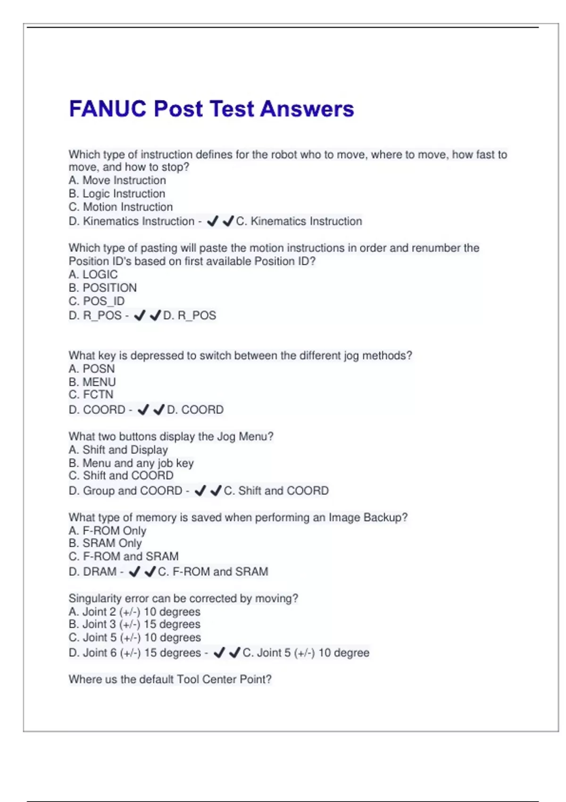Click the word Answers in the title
pyautogui.click(x=307, y=109)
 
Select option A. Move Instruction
pyautogui.click(x=117, y=180)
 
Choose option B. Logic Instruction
pyautogui.click(x=117, y=193)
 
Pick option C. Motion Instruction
pyautogui.click(x=121, y=207)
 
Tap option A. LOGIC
pyautogui.click(x=93, y=275)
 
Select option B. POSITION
pyautogui.click(x=102, y=288)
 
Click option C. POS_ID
pyautogui.click(x=97, y=301)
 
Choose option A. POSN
pyautogui.click(x=92, y=368)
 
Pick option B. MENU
pyautogui.click(x=92, y=382)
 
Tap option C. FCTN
pyautogui.click(x=91, y=394)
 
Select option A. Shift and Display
pyautogui.click(x=118, y=450)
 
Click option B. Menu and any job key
pyautogui.click(x=131, y=463)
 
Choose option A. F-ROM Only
pyautogui.click(x=107, y=531)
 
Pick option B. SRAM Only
pyautogui.click(x=105, y=543)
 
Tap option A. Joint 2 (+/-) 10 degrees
pyautogui.click(x=134, y=612)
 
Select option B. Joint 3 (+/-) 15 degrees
pyautogui.click(x=134, y=624)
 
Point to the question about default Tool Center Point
pyautogui.click(x=170, y=679)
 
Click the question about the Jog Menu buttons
pyautogui.click(x=171, y=436)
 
